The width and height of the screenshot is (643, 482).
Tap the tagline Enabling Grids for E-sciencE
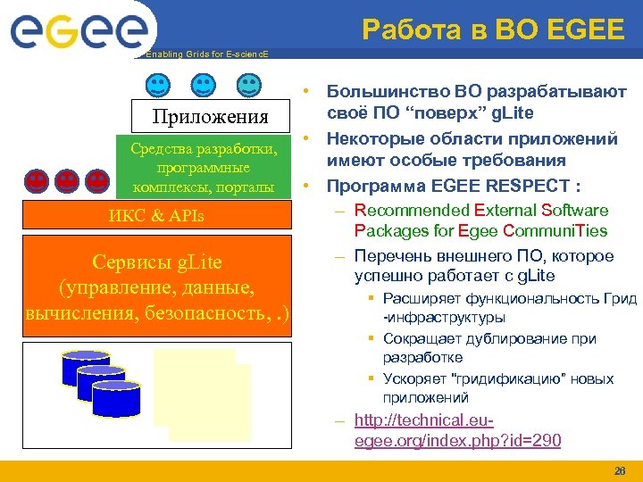(x=205, y=54)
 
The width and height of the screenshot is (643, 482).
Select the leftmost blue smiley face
(x=156, y=87)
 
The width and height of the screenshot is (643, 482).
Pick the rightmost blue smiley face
(x=248, y=87)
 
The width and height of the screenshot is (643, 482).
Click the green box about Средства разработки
(x=204, y=168)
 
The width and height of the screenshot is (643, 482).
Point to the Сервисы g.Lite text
(x=157, y=262)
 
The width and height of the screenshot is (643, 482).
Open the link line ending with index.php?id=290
(x=457, y=441)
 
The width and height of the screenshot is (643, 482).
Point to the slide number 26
(x=620, y=470)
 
